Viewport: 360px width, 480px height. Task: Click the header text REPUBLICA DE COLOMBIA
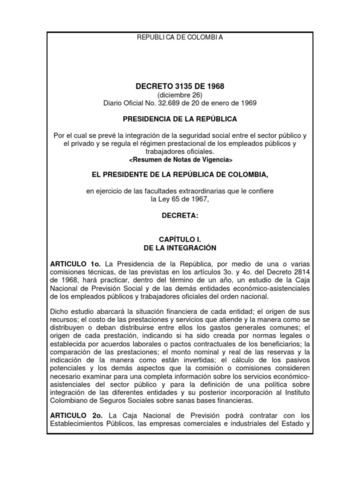point(180,37)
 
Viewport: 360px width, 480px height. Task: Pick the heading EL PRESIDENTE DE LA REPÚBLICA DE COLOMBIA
point(180,174)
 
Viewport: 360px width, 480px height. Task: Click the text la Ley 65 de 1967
point(180,198)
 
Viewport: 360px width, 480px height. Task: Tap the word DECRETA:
point(180,214)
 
